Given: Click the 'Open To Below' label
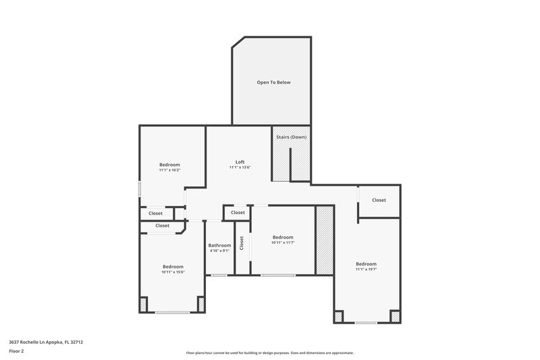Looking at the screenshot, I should click(273, 82).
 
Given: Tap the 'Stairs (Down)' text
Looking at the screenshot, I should click(291, 137).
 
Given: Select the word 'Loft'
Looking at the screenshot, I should click(240, 161).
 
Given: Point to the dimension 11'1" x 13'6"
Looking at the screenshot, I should click(240, 168).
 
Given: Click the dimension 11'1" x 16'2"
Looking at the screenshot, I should click(169, 170).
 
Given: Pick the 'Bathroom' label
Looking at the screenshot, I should click(219, 245).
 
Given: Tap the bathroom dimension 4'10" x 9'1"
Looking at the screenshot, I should click(219, 251).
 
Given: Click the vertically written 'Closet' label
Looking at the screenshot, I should click(242, 242).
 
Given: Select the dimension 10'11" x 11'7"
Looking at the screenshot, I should click(283, 242).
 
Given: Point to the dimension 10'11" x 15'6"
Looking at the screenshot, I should click(173, 272).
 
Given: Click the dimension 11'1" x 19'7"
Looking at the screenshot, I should click(366, 269).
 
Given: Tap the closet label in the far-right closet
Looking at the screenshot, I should click(379, 200).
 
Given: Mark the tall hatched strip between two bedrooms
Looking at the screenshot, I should click(325, 240).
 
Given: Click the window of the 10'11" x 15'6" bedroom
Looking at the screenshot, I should click(173, 312).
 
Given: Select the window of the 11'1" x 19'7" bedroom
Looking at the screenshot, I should click(366, 323).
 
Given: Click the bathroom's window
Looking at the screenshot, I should click(219, 275).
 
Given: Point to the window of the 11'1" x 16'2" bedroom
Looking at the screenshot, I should click(140, 188).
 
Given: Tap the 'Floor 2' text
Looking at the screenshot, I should click(17, 351).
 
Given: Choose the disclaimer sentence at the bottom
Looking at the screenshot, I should click(269, 353).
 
